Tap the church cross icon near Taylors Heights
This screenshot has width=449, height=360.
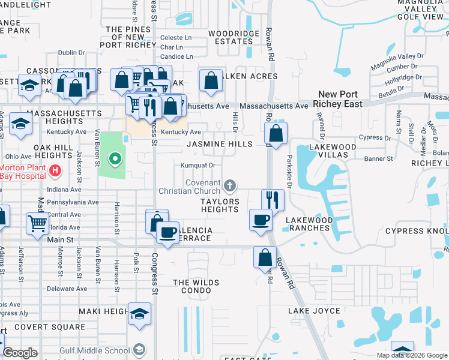point(230,184)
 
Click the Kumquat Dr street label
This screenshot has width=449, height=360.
point(198,165)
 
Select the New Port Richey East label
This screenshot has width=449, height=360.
point(340,99)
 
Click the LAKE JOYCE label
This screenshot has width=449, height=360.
point(314,311)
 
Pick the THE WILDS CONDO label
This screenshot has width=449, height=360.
point(196,287)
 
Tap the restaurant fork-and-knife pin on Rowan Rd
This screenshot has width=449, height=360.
point(273,199)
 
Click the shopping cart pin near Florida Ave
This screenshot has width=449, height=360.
point(38,223)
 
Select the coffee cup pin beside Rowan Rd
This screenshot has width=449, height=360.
point(261,220)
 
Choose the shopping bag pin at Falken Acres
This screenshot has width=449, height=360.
point(211,80)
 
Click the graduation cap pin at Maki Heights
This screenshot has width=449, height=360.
point(139,314)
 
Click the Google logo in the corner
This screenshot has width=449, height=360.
point(20,353)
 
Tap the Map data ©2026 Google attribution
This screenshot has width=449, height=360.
point(412,355)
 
